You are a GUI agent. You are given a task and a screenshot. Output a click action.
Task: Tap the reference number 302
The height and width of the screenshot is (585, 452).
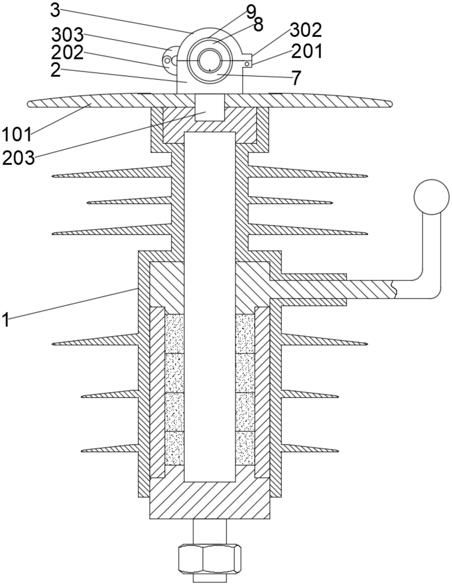306,30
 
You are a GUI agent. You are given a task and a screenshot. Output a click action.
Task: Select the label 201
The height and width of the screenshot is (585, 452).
307,51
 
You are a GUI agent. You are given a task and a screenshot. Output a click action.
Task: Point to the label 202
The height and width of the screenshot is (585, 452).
67,53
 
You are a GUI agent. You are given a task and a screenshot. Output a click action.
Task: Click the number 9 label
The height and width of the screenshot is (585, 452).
251,12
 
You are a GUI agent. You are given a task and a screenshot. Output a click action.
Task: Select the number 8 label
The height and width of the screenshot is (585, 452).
258,25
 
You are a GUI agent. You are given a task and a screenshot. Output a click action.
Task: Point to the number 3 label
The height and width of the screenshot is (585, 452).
55,11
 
